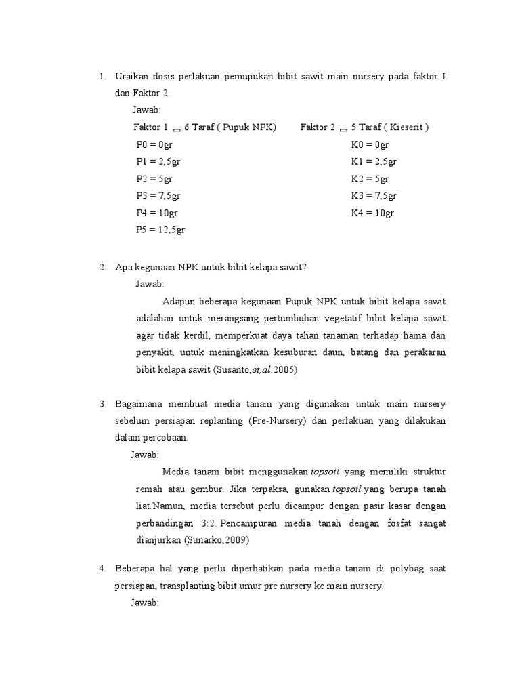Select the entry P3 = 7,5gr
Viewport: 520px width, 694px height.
coord(158,196)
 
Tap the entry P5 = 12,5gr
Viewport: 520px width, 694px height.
coord(160,230)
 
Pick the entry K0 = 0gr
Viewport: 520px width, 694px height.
coord(370,144)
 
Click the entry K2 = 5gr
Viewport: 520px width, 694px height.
coord(370,179)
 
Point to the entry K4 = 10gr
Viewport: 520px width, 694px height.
coord(372,213)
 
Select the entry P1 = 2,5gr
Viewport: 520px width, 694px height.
coord(158,161)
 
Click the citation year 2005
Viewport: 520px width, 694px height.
coord(285,370)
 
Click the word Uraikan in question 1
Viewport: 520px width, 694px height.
coord(131,76)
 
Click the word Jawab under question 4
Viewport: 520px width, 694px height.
coord(144,603)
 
